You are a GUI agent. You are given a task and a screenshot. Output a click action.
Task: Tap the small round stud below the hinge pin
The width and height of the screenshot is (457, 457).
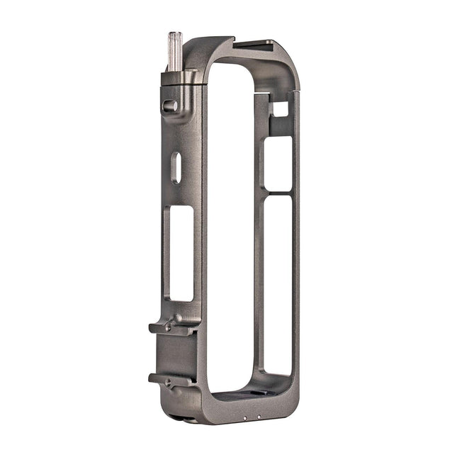170,106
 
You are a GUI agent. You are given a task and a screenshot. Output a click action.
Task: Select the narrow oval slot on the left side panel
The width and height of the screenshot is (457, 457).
176,168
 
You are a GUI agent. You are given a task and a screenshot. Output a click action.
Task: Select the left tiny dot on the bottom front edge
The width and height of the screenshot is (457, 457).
245,418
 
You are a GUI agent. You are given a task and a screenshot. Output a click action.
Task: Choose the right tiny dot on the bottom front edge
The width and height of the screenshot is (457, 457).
259,416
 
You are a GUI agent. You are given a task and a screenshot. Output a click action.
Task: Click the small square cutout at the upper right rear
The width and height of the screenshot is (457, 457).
281,109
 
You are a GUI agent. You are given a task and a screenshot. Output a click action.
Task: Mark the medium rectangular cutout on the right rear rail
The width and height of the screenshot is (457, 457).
277,164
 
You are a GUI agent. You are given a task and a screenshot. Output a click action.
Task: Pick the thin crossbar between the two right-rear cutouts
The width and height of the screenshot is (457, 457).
277,193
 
